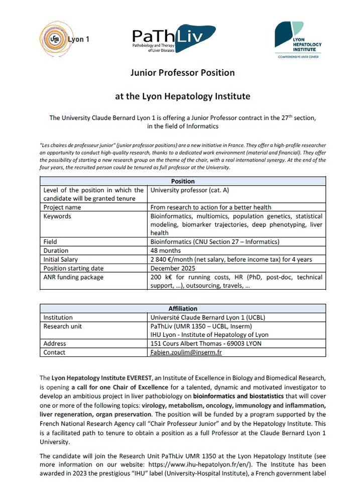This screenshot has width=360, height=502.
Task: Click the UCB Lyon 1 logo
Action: (63, 39)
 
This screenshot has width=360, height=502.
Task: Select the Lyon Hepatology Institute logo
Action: (298, 40)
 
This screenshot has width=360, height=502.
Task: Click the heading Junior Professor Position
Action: (182, 73)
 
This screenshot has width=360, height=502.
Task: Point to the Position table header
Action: (183, 181)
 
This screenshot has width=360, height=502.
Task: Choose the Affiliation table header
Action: (183, 308)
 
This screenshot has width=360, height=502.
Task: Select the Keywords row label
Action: (57, 216)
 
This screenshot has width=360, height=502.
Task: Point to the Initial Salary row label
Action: (63, 260)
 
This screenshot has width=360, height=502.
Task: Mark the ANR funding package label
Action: (73, 277)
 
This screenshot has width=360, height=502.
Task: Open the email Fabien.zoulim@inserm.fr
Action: (186, 352)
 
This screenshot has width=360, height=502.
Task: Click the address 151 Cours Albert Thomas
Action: (206, 343)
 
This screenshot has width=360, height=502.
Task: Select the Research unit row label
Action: (63, 326)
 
